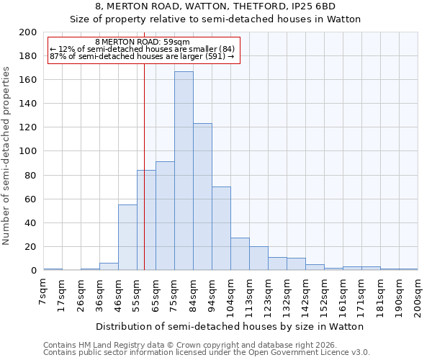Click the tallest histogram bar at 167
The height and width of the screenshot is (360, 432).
[x=184, y=171]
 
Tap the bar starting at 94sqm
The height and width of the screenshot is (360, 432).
[x=221, y=228]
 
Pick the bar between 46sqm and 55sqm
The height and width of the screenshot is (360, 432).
[x=127, y=238]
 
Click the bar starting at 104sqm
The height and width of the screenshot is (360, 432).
[x=240, y=254]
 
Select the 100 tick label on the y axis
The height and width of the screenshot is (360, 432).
[x=29, y=151]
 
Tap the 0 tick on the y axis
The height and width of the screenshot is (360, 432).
[x=34, y=271]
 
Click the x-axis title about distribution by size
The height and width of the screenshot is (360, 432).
[x=230, y=326]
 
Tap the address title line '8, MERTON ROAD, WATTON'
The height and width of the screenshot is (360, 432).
[x=215, y=6]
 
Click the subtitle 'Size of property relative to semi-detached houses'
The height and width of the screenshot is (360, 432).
[x=215, y=19]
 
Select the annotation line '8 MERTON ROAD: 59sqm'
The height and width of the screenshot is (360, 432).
[x=142, y=42]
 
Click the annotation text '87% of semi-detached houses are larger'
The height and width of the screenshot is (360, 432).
[x=142, y=56]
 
